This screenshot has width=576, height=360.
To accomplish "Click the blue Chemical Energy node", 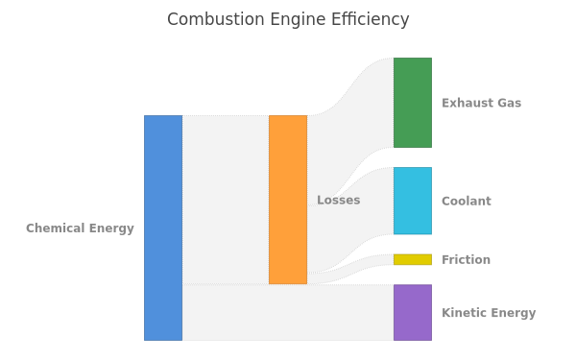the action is [x=163, y=228].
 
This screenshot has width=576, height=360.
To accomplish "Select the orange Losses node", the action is [x=288, y=200].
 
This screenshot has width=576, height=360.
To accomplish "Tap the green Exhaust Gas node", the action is [x=413, y=103].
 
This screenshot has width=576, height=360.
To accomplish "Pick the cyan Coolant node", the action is [x=413, y=201].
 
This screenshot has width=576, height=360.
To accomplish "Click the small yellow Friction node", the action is [x=413, y=259].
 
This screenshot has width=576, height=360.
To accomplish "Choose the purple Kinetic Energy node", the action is [x=413, y=312].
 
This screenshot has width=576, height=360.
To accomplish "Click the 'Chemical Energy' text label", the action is [x=80, y=228].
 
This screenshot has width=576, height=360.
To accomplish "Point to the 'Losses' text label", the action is [x=338, y=200].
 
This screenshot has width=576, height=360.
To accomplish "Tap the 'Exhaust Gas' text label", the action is [x=481, y=103].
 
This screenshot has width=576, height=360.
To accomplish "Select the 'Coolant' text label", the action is [x=467, y=201].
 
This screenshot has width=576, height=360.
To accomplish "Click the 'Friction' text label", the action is [x=466, y=260].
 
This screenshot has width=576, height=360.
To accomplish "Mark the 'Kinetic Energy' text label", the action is [x=489, y=313].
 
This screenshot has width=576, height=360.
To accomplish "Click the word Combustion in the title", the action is [x=216, y=19].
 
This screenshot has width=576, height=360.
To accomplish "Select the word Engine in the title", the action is [x=298, y=20].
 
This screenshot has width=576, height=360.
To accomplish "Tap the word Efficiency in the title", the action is [x=370, y=20].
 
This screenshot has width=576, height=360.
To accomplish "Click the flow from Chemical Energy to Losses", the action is [x=226, y=200].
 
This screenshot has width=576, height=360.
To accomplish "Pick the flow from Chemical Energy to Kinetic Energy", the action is [x=288, y=312].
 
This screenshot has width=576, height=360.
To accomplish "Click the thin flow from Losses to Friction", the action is [x=350, y=269].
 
